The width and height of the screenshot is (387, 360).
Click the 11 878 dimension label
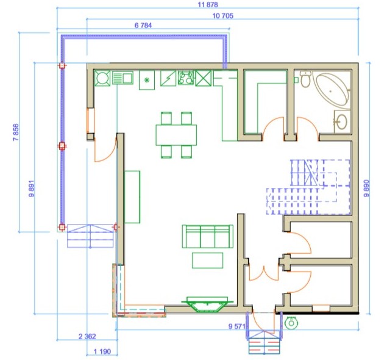[208, 5]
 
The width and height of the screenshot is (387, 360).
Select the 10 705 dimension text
[223, 16]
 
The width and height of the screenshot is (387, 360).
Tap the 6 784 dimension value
[143, 26]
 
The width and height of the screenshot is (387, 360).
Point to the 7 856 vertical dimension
[16, 132]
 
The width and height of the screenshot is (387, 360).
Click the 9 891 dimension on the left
[32, 189]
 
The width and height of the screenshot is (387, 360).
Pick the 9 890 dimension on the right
[367, 189]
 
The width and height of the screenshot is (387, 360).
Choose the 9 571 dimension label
[237, 326]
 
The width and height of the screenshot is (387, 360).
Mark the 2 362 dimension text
[87, 336]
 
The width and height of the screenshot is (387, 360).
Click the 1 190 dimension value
[102, 351]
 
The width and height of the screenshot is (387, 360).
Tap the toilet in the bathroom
[306, 78]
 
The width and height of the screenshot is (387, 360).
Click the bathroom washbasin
[343, 122]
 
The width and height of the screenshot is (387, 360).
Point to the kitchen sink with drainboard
[123, 77]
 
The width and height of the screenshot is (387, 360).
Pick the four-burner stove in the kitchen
[186, 77]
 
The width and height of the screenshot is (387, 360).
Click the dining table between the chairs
[176, 135]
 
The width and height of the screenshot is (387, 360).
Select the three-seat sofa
[208, 236]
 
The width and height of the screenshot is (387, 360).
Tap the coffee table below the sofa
[208, 260]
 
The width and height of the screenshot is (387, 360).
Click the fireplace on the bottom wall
[207, 304]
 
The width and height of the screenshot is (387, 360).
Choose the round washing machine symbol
[102, 78]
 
